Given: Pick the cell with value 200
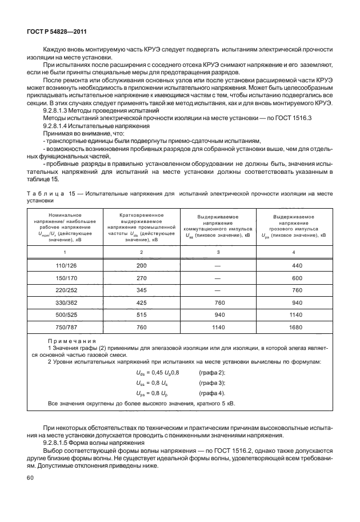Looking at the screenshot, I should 141,266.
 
